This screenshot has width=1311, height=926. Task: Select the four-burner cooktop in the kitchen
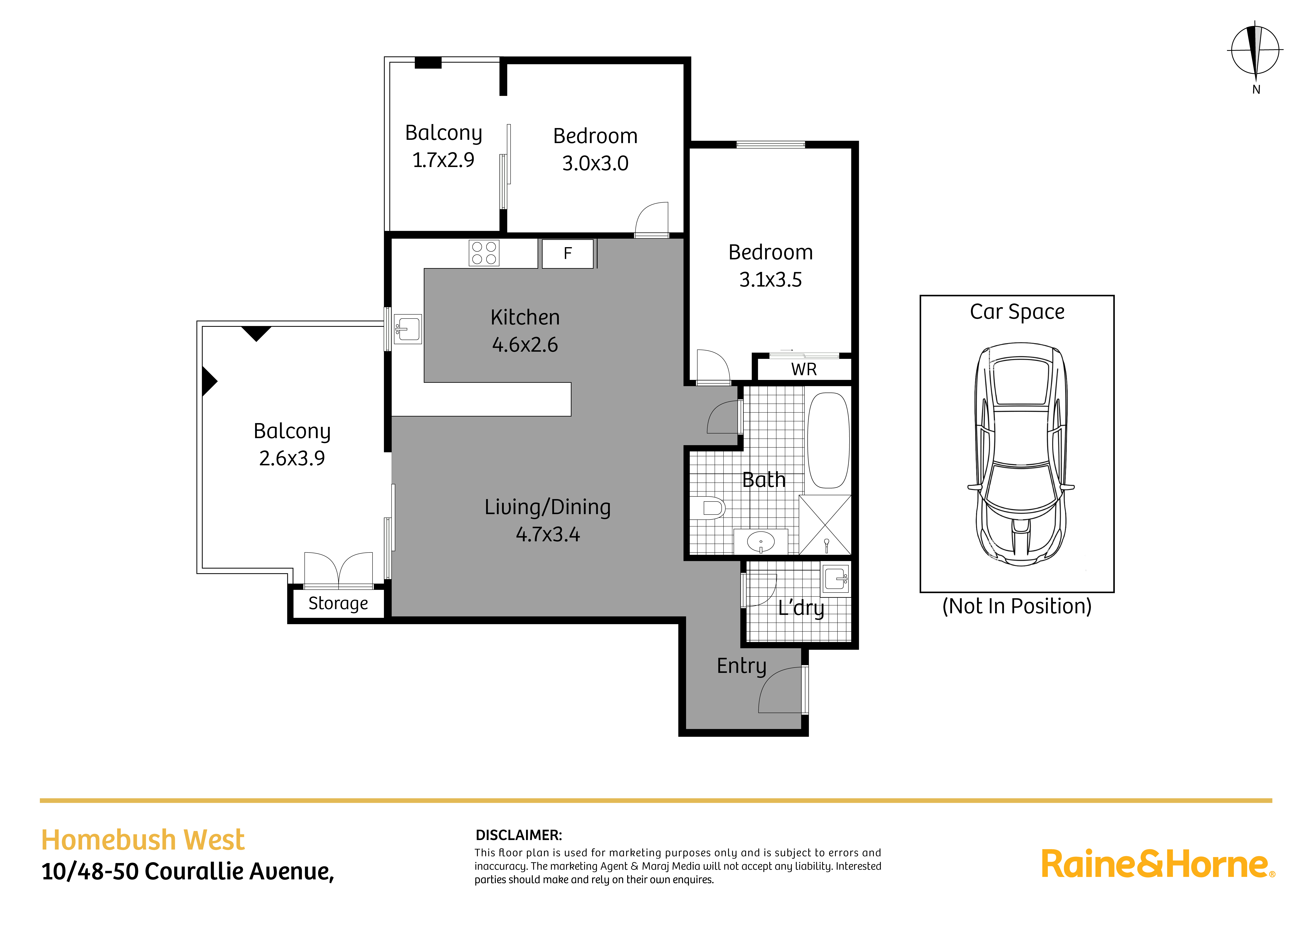coord(484,253)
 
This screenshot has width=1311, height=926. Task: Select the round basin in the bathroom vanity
coord(761,541)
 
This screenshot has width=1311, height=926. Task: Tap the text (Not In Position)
coord(1016,606)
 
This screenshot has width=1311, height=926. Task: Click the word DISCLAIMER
coord(519,835)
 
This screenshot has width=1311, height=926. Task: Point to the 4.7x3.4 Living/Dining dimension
coord(548,535)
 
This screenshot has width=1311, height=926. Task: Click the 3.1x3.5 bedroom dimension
coord(770,280)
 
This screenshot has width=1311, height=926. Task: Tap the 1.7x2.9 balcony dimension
coord(443,160)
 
